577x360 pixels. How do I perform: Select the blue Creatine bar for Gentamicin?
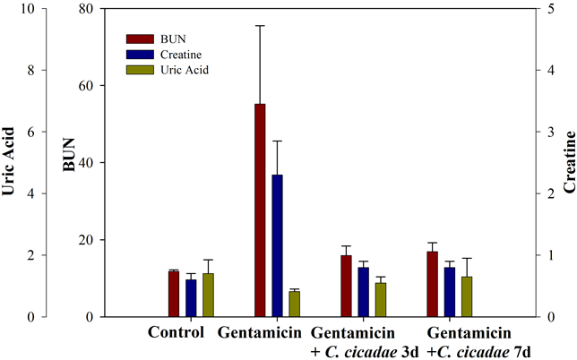coord(277,245)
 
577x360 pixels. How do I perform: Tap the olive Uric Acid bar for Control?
coord(208,295)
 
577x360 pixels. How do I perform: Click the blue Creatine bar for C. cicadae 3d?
coord(363,292)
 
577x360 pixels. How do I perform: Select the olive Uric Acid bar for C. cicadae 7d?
coord(466,296)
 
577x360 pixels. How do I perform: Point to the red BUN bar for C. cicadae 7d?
coord(432,284)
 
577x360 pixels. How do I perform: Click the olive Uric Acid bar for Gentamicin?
coord(294,304)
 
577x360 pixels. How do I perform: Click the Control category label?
coord(177,331)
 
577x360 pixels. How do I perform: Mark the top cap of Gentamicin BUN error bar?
coord(260,26)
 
